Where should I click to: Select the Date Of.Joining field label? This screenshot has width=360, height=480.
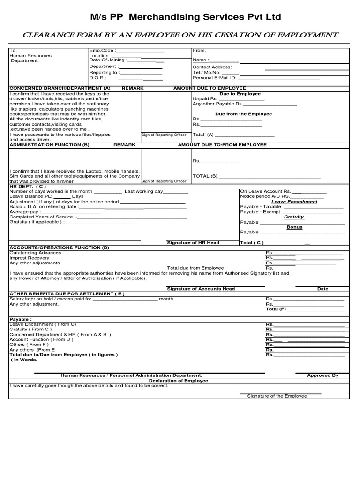click(x=107, y=60)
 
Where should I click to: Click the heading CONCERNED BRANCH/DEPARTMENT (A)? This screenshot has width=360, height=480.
click(x=60, y=88)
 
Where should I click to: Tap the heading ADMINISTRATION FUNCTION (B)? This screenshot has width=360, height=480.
click(x=49, y=145)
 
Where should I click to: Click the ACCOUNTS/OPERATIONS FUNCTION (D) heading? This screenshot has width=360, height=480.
click(x=60, y=247)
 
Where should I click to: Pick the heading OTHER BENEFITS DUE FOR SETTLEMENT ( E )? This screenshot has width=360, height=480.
click(x=67, y=293)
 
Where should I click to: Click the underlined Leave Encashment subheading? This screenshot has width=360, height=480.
click(x=294, y=202)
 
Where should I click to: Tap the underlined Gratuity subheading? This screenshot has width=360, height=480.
click(x=294, y=217)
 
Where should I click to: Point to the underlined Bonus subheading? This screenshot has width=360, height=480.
click(x=294, y=227)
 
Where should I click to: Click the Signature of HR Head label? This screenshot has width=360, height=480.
click(x=193, y=243)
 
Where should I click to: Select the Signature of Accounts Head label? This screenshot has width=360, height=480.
click(x=201, y=289)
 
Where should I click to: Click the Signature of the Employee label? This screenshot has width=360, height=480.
click(x=277, y=396)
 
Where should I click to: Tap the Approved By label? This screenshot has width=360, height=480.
click(x=322, y=375)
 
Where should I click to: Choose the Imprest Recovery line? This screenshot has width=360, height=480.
click(x=30, y=258)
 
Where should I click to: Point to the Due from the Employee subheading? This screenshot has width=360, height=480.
click(x=243, y=114)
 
